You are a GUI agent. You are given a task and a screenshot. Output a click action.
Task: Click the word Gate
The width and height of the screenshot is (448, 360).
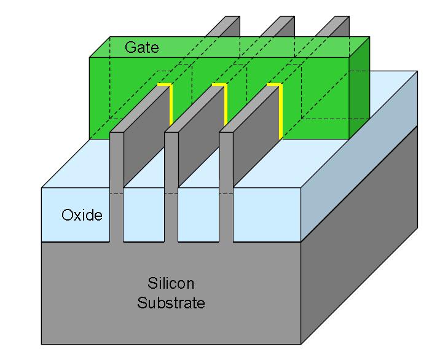[x=142, y=47]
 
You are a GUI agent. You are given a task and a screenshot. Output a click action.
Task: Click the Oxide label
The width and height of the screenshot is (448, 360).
[x=82, y=215]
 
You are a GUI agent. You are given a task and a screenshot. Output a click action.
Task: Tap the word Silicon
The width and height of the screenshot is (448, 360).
[x=171, y=283]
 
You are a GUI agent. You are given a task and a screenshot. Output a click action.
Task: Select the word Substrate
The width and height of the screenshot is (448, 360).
[x=171, y=303]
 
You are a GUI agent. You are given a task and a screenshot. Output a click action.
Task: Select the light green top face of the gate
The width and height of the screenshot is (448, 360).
[x=229, y=47]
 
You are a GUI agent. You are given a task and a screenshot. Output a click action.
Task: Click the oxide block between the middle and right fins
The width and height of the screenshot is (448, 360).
[x=198, y=215]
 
